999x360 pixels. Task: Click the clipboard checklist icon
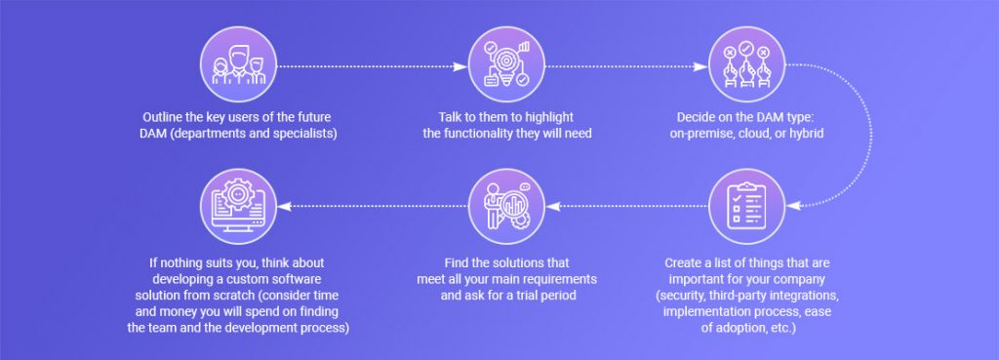tap(745, 206)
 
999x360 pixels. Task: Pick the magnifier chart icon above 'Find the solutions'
tap(505, 207)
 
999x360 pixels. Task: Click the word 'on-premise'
tap(701, 133)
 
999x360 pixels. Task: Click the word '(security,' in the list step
tap(685, 296)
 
